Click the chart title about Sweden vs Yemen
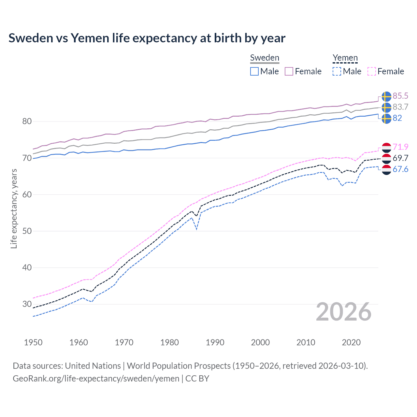click(x=147, y=38)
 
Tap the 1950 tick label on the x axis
click(x=33, y=342)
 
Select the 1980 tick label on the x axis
click(x=169, y=342)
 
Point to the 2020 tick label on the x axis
click(x=351, y=342)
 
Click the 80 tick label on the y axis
click(x=27, y=122)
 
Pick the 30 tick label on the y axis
click(x=27, y=304)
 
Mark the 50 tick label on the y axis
click(x=27, y=231)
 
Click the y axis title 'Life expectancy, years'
click(x=14, y=208)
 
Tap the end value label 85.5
click(x=400, y=96)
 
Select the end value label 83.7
click(x=400, y=107)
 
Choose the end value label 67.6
click(x=400, y=169)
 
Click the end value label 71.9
click(x=400, y=147)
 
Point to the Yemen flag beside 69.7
click(x=386, y=158)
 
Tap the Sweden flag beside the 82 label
click(x=386, y=118)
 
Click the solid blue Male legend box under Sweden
click(x=254, y=71)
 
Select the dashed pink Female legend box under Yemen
click(x=372, y=71)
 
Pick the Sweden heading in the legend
click(x=265, y=58)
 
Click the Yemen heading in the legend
click(x=345, y=58)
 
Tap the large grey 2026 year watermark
click(x=344, y=312)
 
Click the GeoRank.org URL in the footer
click(x=96, y=379)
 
